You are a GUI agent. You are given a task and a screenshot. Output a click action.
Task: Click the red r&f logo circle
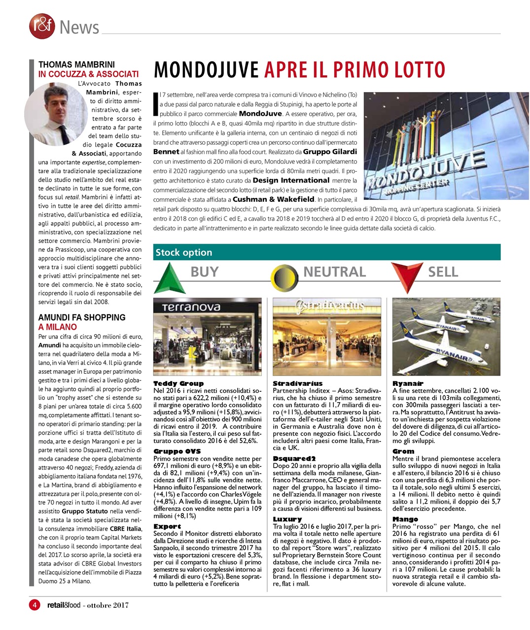(41, 26)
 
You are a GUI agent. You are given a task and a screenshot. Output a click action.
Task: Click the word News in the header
(79, 28)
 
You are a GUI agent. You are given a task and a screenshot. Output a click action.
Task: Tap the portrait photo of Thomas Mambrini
(55, 114)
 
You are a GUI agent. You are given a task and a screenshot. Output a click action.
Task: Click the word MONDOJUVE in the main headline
(207, 70)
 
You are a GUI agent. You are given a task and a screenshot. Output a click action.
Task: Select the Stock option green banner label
(183, 252)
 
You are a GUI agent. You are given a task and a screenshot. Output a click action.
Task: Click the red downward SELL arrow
(406, 276)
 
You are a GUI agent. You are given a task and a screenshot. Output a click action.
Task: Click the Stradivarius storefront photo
(326, 337)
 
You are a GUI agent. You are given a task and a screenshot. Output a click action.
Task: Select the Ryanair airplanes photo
(446, 337)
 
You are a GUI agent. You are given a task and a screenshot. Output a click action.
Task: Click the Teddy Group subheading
(178, 383)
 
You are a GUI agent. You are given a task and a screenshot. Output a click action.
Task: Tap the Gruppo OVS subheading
(177, 451)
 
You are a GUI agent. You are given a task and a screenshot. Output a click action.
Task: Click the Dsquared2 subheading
(294, 458)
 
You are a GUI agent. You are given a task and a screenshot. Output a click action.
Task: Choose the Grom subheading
(403, 451)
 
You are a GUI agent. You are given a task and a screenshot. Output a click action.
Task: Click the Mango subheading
(405, 519)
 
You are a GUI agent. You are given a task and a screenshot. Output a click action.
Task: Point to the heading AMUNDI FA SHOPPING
(82, 317)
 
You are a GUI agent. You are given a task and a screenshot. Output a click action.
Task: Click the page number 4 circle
(34, 604)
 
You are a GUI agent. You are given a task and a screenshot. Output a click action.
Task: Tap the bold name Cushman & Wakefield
(273, 199)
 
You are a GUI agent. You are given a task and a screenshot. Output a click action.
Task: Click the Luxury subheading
(287, 519)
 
